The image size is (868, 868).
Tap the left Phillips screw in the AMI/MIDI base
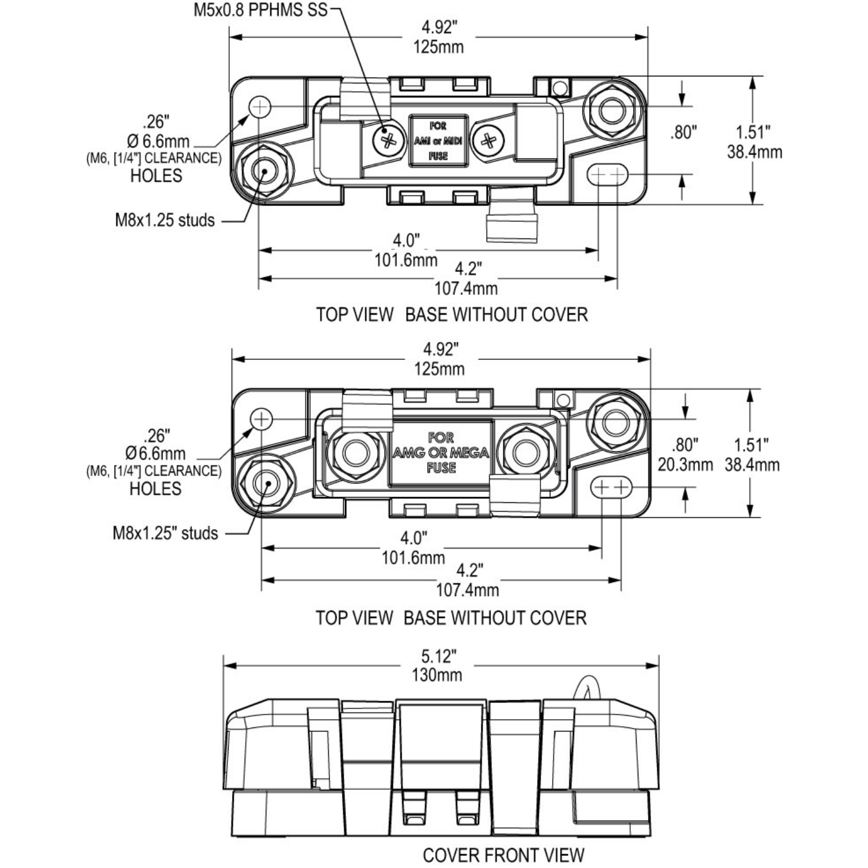pos(388,139)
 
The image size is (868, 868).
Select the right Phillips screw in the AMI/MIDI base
pos(488,139)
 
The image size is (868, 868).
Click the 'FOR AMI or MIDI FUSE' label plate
pos(438,141)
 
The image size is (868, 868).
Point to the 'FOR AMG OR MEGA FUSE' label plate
pos(441,453)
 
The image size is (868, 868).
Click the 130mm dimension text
pos(437,675)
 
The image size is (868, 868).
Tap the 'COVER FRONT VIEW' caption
pos(503,855)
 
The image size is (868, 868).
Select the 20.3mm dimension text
pos(685,465)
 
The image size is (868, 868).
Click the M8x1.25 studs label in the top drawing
pos(165,220)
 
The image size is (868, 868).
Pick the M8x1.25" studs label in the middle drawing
pos(165,533)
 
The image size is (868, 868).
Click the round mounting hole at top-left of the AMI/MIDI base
pos(260,106)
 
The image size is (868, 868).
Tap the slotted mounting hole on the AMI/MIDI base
pos(608,174)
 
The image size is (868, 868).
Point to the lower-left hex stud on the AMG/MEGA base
pos(267,483)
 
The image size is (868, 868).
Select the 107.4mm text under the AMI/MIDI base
pos(466,288)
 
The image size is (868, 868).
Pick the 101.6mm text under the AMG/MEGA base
pos(413,558)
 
